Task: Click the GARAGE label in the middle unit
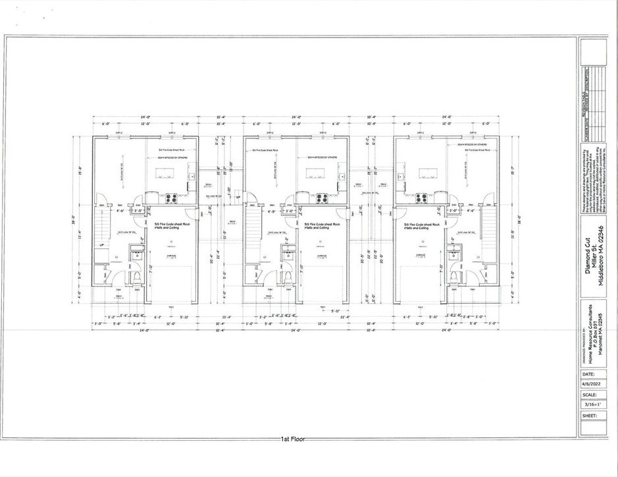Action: click(322, 256)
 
